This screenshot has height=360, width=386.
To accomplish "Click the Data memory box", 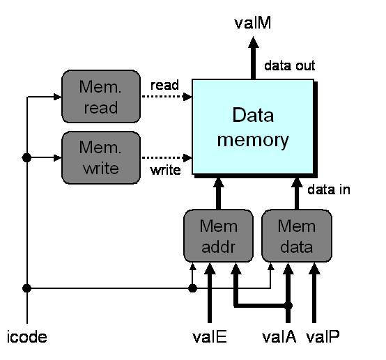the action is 253,127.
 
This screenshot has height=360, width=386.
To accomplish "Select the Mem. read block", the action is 101,97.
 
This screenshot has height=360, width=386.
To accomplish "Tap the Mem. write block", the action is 101,158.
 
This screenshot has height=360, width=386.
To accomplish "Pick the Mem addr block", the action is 218,236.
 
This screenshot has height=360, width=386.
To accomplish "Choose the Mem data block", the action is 297,236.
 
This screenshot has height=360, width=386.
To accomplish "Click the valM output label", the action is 253,23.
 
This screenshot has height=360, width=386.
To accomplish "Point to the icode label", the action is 27,337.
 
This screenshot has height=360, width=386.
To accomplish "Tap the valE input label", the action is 210,336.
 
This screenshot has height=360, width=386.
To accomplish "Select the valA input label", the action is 279,336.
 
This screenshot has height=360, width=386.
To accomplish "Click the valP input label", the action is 323,336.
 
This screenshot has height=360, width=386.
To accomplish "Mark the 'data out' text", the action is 290,65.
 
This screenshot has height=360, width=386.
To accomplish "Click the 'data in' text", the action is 329,189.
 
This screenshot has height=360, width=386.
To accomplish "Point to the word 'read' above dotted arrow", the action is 164,86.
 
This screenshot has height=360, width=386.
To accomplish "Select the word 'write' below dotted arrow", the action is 165,170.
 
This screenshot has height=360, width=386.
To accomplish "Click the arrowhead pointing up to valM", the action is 254,42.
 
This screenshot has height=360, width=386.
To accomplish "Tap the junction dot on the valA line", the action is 288,306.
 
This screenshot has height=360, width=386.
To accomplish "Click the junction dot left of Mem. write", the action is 27,158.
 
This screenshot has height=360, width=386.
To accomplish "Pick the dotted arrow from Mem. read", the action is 167,97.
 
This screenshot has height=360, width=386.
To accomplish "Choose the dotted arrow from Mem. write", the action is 167,158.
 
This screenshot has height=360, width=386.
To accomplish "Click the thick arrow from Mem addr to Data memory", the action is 218,194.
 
